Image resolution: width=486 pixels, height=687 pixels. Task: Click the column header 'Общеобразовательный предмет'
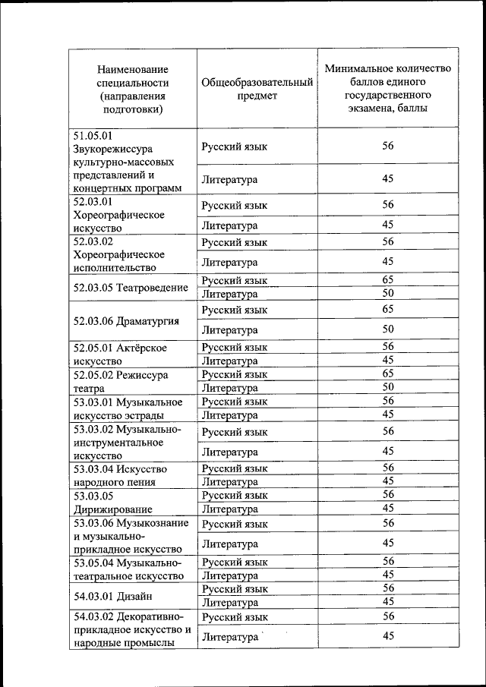click(257, 89)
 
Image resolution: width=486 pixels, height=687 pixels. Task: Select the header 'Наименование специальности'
click(133, 89)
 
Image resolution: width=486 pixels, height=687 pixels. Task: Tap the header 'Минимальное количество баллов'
click(387, 88)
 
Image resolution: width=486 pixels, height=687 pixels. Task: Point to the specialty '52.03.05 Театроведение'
click(131, 288)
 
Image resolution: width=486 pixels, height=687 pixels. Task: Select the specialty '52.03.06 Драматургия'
click(126, 320)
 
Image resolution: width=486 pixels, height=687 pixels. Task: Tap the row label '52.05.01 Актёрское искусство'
click(120, 354)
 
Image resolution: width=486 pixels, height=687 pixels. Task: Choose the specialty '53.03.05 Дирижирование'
click(113, 502)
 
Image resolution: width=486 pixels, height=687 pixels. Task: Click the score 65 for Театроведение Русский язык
click(387, 280)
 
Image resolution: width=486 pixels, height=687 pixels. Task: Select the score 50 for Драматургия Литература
click(387, 329)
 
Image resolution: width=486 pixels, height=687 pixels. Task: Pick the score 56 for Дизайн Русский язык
click(387, 588)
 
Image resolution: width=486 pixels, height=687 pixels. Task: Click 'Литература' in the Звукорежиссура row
click(229, 180)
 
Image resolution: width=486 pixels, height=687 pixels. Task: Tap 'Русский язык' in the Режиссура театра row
click(234, 374)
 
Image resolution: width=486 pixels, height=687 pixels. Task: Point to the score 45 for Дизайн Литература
click(387, 602)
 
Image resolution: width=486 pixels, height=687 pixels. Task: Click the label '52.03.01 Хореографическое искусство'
click(119, 215)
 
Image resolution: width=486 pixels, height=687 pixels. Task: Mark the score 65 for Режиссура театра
click(387, 374)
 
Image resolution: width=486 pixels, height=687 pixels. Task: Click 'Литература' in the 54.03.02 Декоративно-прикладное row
click(229, 637)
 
